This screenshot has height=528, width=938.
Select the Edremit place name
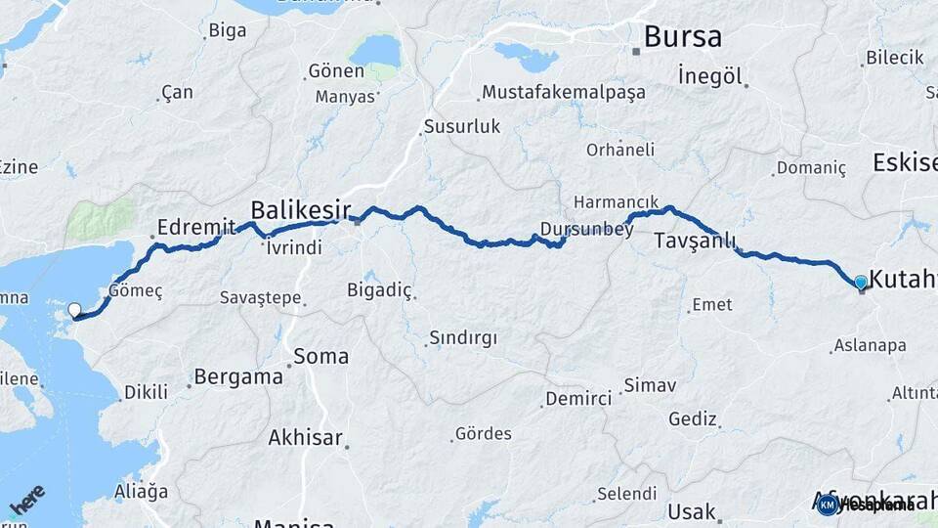pos(196,227)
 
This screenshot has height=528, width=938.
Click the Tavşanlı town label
pos(695,241)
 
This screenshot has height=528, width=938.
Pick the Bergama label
pos(238,375)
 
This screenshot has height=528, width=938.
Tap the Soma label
pos(321,356)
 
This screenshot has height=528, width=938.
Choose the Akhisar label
pos(306,437)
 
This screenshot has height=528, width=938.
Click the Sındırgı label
pos(463,338)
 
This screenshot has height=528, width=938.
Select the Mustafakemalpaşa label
pos(564,93)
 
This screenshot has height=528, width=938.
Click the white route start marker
pos(74,311)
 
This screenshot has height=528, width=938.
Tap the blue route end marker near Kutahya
pos(860,283)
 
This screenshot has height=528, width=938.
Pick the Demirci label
pos(578,398)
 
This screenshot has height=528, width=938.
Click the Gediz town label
pos(693,418)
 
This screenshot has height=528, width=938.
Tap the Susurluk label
pos(461,126)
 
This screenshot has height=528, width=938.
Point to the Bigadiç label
pos(380,289)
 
